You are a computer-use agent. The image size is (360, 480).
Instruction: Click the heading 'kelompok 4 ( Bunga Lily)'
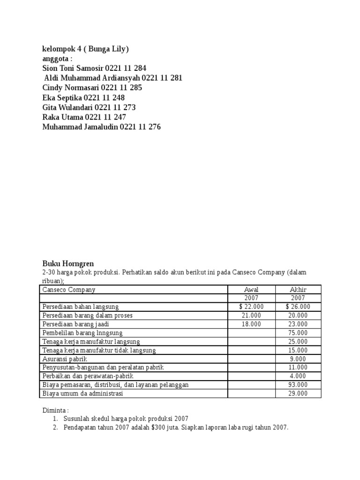click(x=85, y=49)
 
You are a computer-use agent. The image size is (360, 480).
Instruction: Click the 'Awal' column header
click(x=251, y=290)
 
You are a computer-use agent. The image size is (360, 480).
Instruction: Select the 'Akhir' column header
click(x=298, y=290)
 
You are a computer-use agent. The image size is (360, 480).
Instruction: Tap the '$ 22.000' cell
click(x=251, y=307)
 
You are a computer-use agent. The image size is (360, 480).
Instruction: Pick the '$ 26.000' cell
click(x=298, y=307)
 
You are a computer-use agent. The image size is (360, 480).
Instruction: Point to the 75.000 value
click(x=298, y=333)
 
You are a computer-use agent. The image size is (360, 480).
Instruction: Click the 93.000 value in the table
click(x=298, y=385)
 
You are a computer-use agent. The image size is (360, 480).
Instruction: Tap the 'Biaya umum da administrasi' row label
click(x=82, y=394)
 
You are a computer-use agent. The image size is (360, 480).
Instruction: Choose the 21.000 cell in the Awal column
click(x=251, y=315)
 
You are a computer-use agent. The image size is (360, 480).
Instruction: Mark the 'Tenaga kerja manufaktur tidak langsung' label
click(x=99, y=350)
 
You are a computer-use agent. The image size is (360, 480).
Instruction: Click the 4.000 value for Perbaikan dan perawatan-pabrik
click(x=298, y=376)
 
